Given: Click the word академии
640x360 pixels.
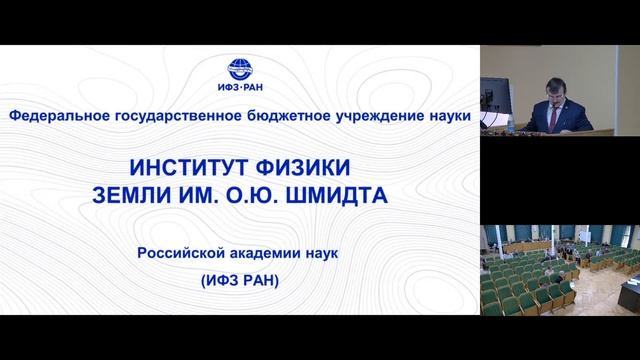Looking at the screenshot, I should [x=270, y=254].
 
